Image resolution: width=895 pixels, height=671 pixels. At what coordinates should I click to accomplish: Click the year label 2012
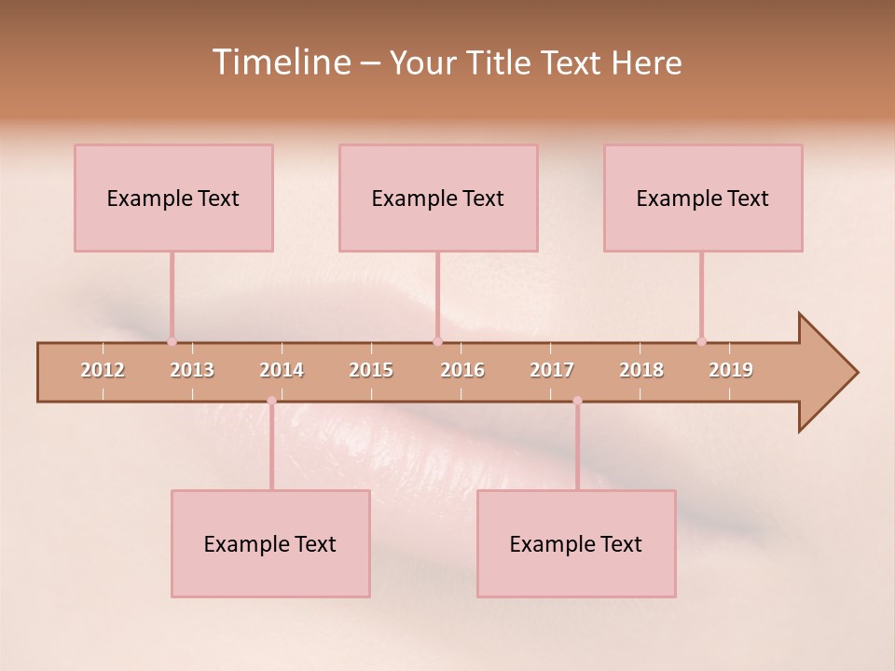103,370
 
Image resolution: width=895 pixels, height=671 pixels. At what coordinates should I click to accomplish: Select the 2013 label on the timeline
192,370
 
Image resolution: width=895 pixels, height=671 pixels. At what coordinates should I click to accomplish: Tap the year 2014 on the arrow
282,370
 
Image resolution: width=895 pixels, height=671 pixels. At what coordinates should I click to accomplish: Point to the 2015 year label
371,370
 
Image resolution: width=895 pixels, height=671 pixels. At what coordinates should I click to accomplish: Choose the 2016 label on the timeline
462,370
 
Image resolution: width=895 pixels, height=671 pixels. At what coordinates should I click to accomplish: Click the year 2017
552,370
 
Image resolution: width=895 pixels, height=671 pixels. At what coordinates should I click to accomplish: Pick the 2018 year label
641,370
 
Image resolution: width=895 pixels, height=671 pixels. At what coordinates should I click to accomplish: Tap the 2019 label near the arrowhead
731,370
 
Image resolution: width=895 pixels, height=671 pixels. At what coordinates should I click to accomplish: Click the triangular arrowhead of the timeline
826,373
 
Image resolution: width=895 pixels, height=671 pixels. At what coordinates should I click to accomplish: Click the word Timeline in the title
281,62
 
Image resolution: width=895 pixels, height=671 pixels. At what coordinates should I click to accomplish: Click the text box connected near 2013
173,198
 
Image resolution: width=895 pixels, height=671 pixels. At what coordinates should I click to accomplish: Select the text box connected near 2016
438,198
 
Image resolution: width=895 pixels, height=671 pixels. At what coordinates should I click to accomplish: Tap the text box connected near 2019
703,198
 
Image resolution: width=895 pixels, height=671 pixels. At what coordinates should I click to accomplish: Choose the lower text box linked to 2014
270,543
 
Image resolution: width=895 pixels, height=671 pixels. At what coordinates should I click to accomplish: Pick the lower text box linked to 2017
576,543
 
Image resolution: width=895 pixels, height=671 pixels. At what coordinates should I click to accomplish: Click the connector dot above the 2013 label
172,341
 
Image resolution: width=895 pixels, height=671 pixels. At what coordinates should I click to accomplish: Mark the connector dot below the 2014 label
271,401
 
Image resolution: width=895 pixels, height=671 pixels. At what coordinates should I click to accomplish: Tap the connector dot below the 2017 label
577,401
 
